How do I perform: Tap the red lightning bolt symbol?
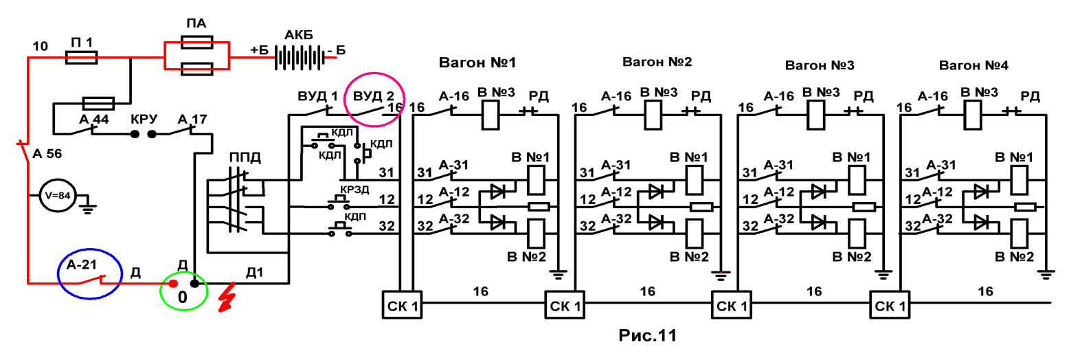coord(227,297)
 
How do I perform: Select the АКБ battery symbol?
coord(300,58)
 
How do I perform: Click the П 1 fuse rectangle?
coord(81,58)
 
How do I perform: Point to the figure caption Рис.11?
coord(648,335)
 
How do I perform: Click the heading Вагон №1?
coord(477,63)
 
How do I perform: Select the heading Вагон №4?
coord(973,65)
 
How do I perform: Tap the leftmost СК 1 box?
coord(402,305)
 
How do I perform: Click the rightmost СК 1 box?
coord(890,305)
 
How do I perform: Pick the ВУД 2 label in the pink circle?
coord(374,96)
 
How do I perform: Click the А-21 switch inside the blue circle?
coord(91,280)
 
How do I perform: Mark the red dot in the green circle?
coord(174,284)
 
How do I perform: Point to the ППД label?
coord(245,158)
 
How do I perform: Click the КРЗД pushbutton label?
coord(354,190)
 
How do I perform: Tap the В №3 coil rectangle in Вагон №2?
coord(653,115)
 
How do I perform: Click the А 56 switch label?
coord(47,154)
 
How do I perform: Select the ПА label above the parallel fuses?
coord(196,23)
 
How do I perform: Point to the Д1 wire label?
coord(254,273)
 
